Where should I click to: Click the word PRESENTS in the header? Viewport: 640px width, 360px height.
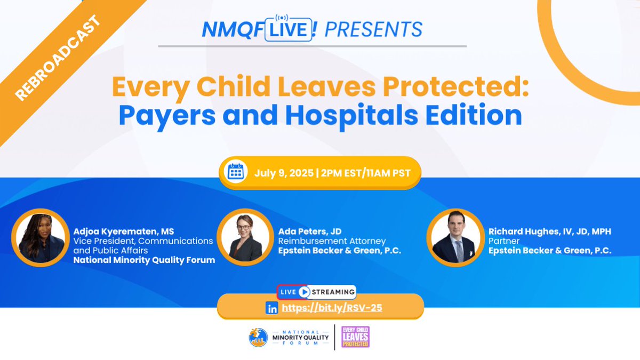point(373,29)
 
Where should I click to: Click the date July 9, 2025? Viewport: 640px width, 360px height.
point(283,172)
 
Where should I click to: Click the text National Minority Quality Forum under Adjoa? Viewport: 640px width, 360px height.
point(144,260)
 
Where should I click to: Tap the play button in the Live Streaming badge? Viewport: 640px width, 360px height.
point(304,292)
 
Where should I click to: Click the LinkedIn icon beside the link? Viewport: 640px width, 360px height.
point(273,308)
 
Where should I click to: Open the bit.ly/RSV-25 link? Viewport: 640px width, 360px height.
point(332,308)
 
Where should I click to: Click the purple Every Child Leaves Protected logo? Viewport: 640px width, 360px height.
point(355,338)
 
